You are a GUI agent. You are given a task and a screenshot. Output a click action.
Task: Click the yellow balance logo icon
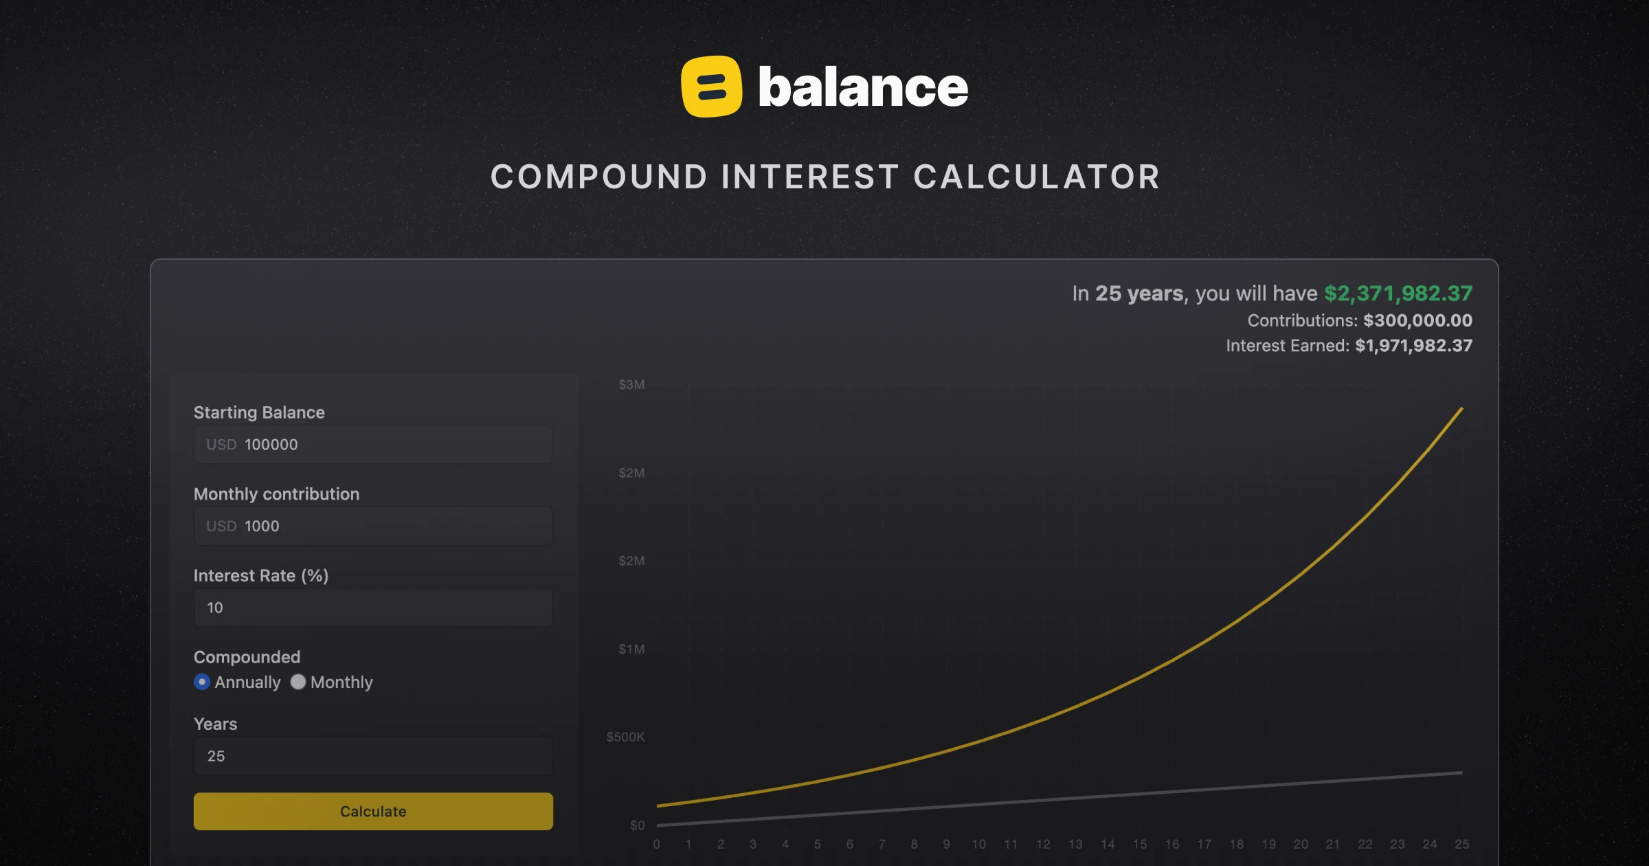tap(711, 87)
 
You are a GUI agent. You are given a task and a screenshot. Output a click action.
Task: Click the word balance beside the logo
tap(863, 88)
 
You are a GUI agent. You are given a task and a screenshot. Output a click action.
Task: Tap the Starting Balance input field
tap(373, 445)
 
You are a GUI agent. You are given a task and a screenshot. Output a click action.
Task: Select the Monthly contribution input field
tap(373, 526)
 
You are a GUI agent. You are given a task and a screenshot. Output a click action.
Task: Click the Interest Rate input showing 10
tap(373, 608)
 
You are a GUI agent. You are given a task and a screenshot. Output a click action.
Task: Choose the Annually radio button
tap(202, 682)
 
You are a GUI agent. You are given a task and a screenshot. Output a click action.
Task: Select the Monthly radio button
tap(298, 682)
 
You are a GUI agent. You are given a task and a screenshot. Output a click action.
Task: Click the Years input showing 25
tap(373, 756)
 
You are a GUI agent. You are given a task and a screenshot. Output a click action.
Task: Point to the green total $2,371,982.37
tap(1398, 293)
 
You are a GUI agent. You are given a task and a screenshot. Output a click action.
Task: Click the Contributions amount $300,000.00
tap(1417, 320)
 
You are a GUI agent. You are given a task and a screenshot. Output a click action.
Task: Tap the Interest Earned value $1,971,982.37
tap(1413, 346)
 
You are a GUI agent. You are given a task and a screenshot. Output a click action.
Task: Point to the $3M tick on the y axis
tap(631, 385)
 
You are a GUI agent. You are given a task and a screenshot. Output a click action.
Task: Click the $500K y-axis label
tap(625, 737)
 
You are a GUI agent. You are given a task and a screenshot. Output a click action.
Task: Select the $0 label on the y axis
tap(637, 825)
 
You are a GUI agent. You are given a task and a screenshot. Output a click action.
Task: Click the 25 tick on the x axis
tap(1461, 844)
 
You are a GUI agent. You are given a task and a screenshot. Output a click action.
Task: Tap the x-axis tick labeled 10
tap(978, 844)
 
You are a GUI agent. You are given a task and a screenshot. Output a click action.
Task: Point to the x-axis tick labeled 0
tap(657, 844)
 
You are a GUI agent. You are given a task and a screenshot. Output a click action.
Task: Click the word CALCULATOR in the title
tap(1036, 177)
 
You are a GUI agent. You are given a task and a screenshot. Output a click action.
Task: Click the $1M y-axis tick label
tap(631, 649)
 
